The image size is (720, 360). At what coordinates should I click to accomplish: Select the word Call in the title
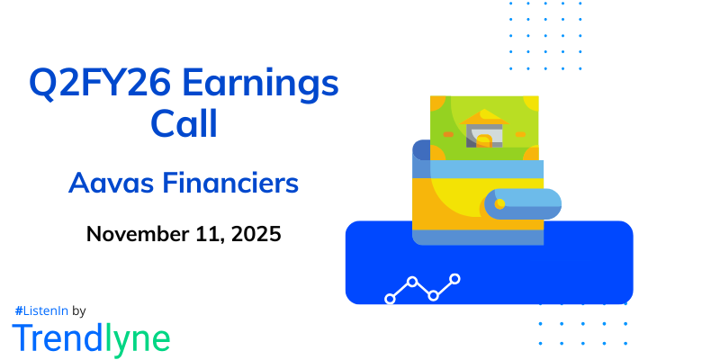point(184,124)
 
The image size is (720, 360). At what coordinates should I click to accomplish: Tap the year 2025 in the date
point(256,235)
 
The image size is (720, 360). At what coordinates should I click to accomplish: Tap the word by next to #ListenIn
point(78,310)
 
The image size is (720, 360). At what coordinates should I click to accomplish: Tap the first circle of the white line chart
point(390,298)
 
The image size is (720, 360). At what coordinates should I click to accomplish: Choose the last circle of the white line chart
point(455,279)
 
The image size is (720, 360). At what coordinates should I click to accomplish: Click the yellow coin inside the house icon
point(484,140)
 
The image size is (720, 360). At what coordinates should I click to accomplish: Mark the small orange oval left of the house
point(448,134)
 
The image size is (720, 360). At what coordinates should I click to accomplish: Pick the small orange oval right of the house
point(519,134)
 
